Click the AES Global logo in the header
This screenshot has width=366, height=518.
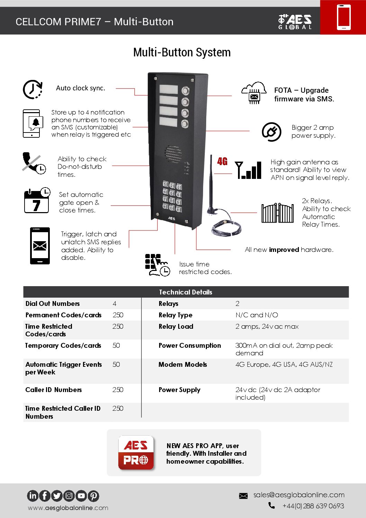(295, 21)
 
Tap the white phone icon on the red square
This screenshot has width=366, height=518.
(344, 17)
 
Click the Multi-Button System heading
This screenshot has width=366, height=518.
(182, 52)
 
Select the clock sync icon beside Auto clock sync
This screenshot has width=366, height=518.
(33, 89)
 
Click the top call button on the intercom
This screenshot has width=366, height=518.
(186, 91)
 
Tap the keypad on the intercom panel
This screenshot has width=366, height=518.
(172, 196)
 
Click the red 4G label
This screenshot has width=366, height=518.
(222, 162)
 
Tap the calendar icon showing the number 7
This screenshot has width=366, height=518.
(37, 200)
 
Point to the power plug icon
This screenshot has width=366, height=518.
(271, 132)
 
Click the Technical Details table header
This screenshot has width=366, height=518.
(186, 292)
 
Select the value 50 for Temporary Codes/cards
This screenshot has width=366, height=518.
(116, 345)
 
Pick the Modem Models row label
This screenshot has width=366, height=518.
(183, 364)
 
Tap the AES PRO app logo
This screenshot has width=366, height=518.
(136, 452)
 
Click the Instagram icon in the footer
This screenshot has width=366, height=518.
(69, 496)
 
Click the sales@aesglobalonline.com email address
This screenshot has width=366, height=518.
(299, 495)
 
